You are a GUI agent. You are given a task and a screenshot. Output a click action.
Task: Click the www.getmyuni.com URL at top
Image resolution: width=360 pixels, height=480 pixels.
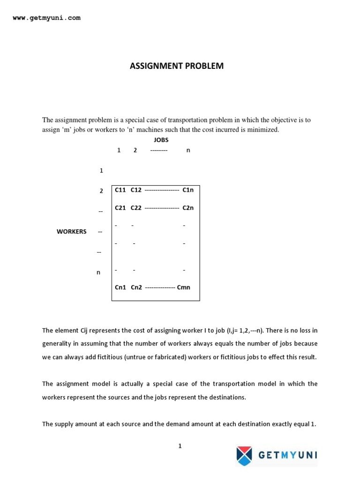(x=46, y=18)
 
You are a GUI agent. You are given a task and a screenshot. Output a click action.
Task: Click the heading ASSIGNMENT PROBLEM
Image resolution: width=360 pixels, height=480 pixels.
(x=177, y=66)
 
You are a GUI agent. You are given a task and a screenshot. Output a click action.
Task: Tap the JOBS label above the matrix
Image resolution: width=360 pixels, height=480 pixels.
(x=161, y=140)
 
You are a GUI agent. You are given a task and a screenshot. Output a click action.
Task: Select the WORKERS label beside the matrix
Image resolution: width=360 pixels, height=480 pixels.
(x=71, y=232)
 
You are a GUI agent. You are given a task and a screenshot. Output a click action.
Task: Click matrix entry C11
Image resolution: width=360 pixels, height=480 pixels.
(x=120, y=190)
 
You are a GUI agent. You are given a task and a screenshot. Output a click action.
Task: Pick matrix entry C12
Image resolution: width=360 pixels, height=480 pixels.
(x=136, y=190)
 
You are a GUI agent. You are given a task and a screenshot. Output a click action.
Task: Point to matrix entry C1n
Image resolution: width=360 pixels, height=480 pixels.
(x=188, y=190)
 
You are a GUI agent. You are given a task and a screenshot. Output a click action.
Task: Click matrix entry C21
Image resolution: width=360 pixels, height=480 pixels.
(x=120, y=208)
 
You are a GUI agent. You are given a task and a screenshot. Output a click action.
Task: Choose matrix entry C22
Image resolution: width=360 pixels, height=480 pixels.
(x=136, y=208)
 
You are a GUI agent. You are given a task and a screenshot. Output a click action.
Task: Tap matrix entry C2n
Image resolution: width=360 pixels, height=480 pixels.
(x=188, y=208)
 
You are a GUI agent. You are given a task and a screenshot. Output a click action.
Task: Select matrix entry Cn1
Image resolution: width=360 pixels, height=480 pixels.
(x=120, y=287)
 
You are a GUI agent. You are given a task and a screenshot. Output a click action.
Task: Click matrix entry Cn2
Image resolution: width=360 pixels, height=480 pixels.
(x=136, y=287)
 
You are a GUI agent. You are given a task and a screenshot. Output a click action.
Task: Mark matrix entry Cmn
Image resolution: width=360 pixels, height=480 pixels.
(x=184, y=287)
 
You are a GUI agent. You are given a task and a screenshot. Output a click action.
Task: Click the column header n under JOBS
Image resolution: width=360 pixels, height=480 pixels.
(x=188, y=150)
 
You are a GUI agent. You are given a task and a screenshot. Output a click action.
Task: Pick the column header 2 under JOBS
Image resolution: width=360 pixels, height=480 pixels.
(x=135, y=150)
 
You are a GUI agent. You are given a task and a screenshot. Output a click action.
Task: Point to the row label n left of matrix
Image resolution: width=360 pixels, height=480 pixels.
(x=98, y=272)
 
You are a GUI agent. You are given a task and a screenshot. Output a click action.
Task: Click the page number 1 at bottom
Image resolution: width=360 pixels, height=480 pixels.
(x=180, y=446)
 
